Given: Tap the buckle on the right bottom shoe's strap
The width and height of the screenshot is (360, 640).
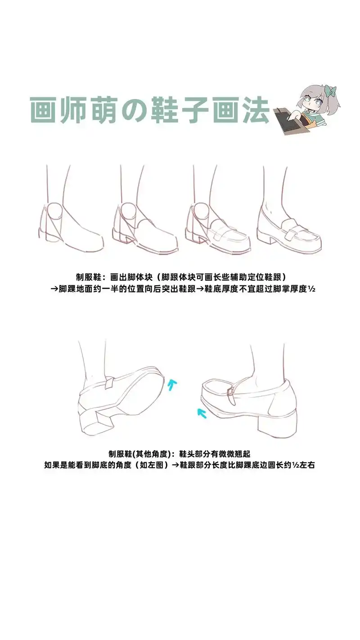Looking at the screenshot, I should pos(230,392).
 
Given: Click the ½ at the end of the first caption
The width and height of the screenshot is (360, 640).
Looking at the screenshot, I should pos(312,289).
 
